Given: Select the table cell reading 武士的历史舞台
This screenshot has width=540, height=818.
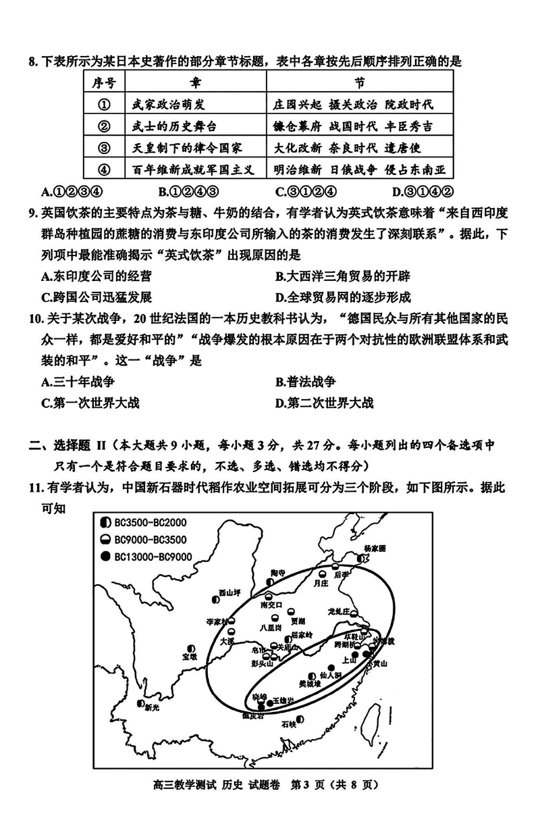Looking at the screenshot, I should tap(174, 126).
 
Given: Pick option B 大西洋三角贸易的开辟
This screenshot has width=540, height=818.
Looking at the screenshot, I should tap(343, 276).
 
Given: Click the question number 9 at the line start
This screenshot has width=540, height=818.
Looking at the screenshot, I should tap(32, 213).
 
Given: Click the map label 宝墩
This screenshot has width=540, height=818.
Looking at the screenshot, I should tap(190, 656).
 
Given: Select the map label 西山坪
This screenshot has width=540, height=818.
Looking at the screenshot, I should tap(229, 594).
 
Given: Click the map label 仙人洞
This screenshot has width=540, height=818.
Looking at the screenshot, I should tap(327, 675).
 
